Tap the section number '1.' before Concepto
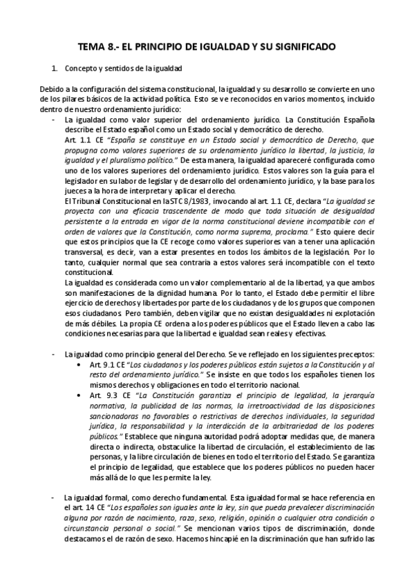click(x=55, y=69)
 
